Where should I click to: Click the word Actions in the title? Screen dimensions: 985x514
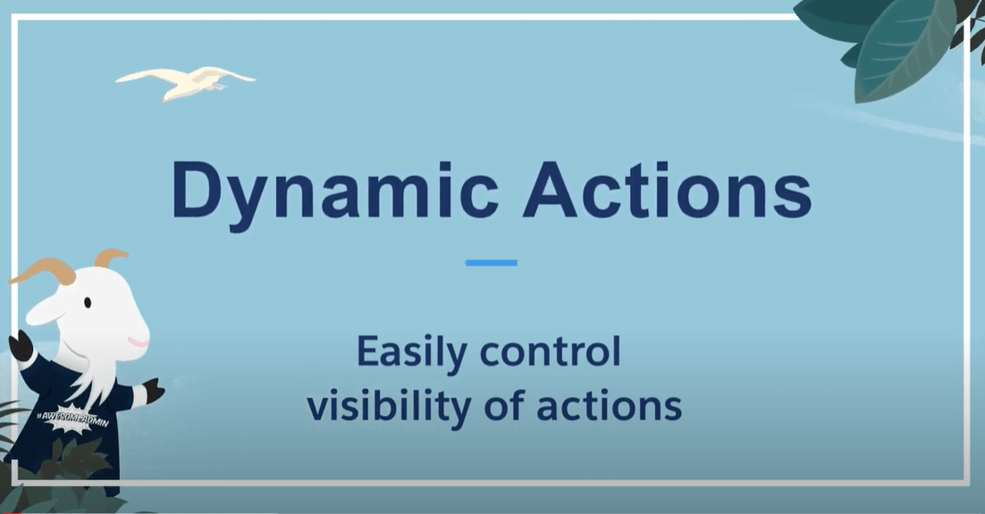tap(667, 190)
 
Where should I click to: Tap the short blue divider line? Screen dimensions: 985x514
tap(492, 263)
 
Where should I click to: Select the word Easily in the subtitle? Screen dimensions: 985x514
tap(411, 353)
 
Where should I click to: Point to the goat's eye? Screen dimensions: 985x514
tap(88, 303)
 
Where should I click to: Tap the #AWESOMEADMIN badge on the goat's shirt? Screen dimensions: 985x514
tap(72, 419)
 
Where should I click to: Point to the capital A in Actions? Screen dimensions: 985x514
tap(551, 190)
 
